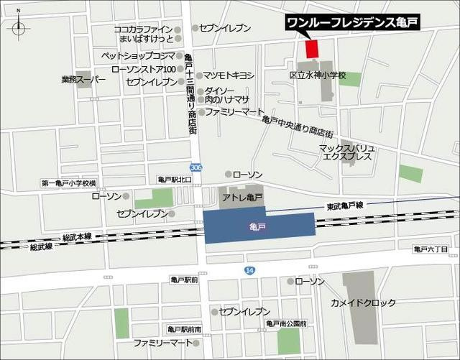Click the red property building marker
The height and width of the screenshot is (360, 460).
311,49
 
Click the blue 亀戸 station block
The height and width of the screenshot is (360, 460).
259,226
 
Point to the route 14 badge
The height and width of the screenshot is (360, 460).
249,269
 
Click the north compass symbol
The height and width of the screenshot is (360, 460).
18,29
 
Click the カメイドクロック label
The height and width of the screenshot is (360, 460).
363,303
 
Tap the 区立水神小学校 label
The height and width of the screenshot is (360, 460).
318,75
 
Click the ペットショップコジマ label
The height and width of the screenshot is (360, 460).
137,55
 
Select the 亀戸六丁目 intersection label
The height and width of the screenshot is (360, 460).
431,249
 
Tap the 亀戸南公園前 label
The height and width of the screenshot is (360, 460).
287,324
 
